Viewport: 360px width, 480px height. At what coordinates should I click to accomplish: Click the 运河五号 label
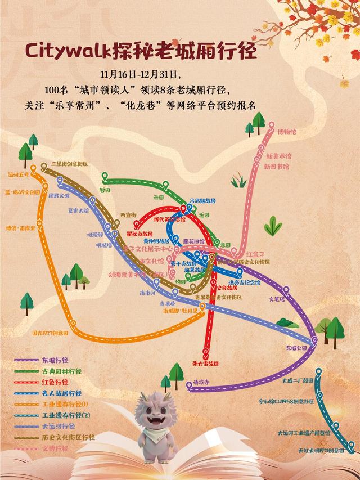pos(18,175)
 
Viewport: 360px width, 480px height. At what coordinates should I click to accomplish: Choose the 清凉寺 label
pos(201,382)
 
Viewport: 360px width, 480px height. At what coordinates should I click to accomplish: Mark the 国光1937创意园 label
pos(50,333)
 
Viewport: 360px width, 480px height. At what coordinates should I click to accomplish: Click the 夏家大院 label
pos(79,211)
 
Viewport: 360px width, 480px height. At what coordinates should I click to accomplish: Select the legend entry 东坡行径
pos(55,360)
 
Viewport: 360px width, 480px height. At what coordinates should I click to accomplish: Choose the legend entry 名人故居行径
pos(61,393)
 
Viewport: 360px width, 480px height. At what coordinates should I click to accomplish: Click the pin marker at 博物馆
pos(272,126)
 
